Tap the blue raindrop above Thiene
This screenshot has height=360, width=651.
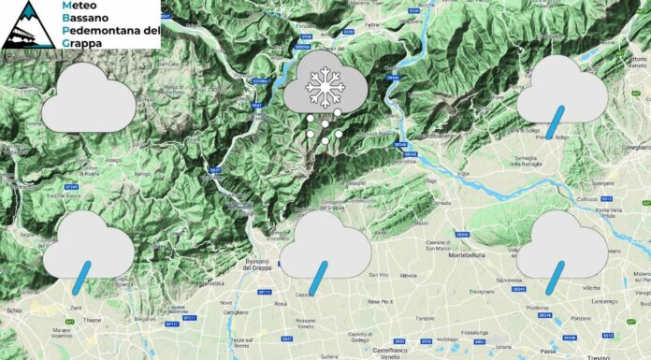[83, 273]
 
